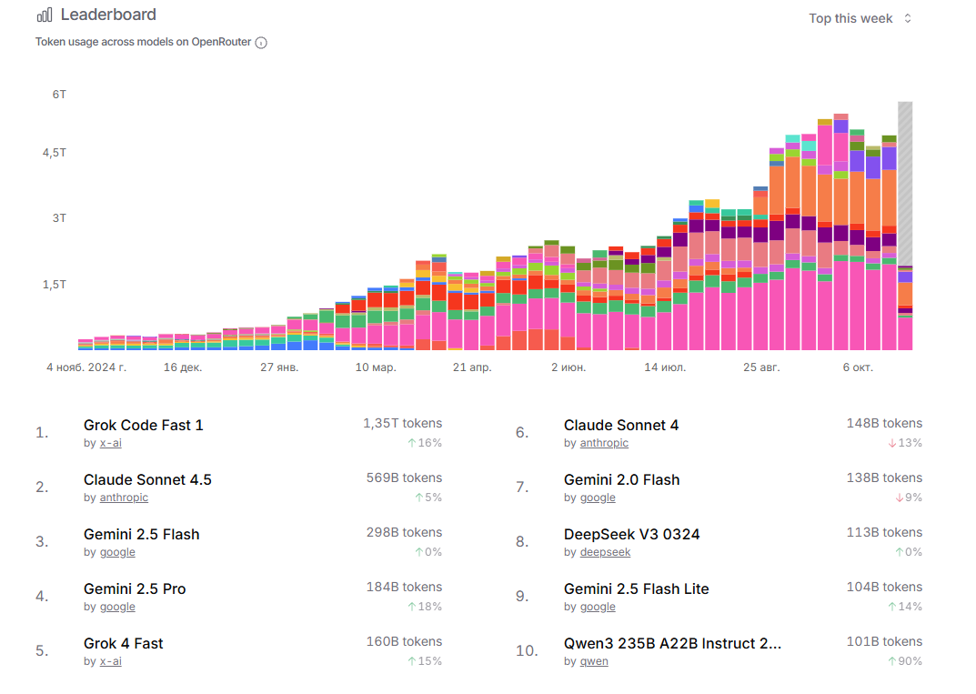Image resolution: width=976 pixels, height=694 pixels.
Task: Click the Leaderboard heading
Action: pyautogui.click(x=108, y=15)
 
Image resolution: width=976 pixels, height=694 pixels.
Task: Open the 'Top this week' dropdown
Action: pyautogui.click(x=860, y=18)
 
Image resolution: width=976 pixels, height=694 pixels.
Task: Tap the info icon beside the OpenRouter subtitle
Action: pyautogui.click(x=261, y=43)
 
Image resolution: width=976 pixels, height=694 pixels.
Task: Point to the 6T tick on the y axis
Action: pyautogui.click(x=59, y=95)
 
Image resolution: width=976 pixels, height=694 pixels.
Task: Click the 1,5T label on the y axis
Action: pyautogui.click(x=55, y=285)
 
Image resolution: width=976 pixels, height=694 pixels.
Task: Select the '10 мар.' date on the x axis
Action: pyautogui.click(x=376, y=367)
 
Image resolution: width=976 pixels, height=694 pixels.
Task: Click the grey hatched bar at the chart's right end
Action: pyautogui.click(x=905, y=182)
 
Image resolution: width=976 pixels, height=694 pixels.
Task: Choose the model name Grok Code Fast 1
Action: pyautogui.click(x=144, y=425)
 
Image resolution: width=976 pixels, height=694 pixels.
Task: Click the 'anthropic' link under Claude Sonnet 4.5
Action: pyautogui.click(x=124, y=498)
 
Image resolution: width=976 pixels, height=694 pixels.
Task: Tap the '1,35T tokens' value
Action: pyautogui.click(x=402, y=423)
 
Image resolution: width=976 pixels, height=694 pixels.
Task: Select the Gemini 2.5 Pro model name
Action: pyautogui.click(x=135, y=588)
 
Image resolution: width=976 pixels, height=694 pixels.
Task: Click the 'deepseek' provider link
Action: pyautogui.click(x=604, y=552)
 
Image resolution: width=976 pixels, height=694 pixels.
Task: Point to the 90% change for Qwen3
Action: pyautogui.click(x=905, y=661)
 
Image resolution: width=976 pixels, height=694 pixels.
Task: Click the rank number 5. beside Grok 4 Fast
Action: pyautogui.click(x=42, y=650)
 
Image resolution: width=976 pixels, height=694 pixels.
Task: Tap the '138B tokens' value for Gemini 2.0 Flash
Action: pyautogui.click(x=883, y=478)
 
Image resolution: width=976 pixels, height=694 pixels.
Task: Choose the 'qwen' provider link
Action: pyautogui.click(x=594, y=661)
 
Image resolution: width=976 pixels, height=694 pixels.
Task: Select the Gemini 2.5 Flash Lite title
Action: pyautogui.click(x=636, y=588)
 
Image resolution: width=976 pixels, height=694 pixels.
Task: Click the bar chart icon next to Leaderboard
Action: pyautogui.click(x=44, y=15)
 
